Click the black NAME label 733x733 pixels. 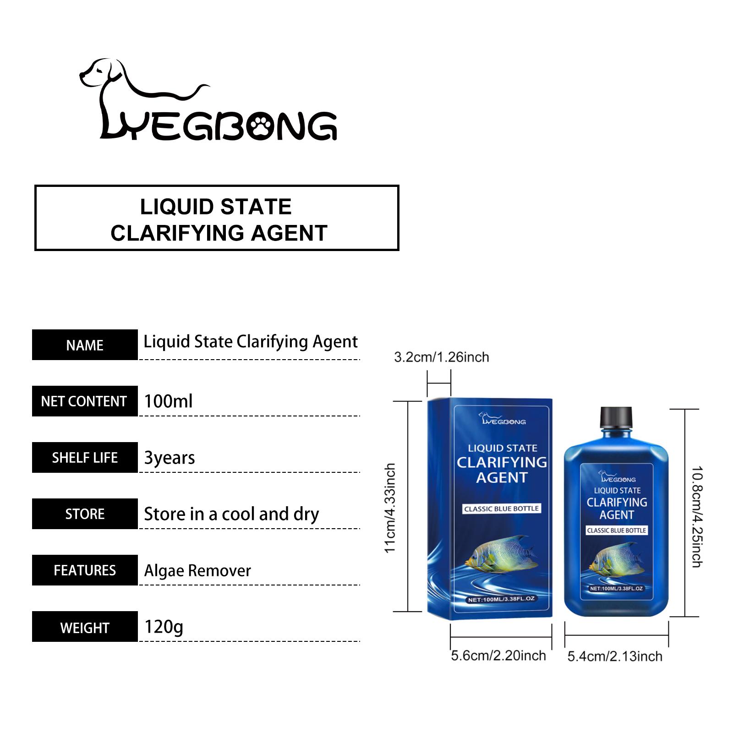coord(85,345)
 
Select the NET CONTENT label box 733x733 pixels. coord(85,401)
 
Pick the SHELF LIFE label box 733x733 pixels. coord(85,458)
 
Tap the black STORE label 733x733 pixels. coord(85,514)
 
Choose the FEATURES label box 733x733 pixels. coord(85,570)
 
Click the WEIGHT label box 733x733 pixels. coord(85,627)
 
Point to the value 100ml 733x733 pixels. coord(168,401)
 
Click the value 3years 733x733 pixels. coord(170,458)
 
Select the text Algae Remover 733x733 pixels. coord(197,571)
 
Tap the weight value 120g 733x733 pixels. coord(164,627)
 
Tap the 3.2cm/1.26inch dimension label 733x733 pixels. coord(442,357)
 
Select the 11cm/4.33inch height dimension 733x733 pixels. coord(390,508)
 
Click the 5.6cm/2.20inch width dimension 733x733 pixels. coord(498,656)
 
